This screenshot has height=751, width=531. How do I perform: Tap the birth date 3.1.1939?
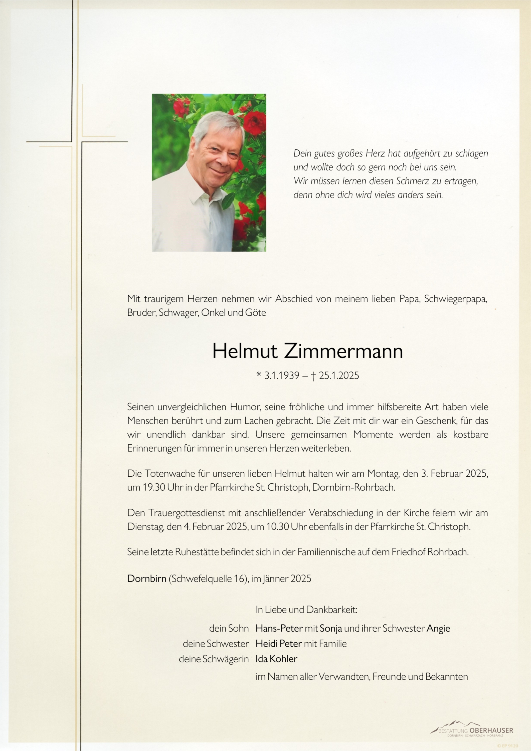[282, 375]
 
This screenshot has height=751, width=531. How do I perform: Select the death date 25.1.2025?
[339, 375]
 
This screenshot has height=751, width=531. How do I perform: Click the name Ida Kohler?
[276, 659]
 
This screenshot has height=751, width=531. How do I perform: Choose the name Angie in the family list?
[438, 628]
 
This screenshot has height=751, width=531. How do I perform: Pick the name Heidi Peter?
[278, 644]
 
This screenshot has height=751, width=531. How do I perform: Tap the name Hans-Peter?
[274, 628]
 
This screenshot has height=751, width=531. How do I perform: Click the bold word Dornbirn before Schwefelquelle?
[146, 579]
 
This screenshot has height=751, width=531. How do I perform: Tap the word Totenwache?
[170, 474]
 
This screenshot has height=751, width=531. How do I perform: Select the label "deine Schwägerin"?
[214, 659]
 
